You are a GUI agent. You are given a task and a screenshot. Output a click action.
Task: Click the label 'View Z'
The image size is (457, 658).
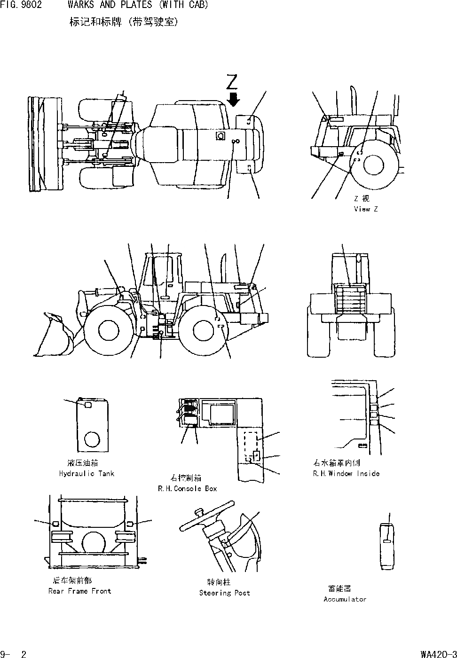[365, 209]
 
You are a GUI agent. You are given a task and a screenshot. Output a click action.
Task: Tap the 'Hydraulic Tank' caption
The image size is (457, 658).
[87, 474]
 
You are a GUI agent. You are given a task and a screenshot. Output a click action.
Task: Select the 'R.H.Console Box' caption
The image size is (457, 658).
[188, 489]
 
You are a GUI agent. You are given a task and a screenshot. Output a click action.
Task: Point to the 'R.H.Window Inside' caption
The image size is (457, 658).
[346, 474]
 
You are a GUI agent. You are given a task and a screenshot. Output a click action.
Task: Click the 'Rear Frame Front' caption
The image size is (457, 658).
[79, 591]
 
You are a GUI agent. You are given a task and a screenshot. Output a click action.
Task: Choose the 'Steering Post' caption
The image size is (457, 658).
[224, 593]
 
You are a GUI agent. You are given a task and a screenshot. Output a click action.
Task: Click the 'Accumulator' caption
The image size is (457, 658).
[345, 599]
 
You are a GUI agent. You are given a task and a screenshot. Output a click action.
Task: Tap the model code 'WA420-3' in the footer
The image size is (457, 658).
[438, 654]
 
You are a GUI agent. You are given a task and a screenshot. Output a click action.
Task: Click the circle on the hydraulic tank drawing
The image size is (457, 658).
[92, 440]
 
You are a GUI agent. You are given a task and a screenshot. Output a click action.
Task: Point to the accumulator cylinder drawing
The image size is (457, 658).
[387, 545]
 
